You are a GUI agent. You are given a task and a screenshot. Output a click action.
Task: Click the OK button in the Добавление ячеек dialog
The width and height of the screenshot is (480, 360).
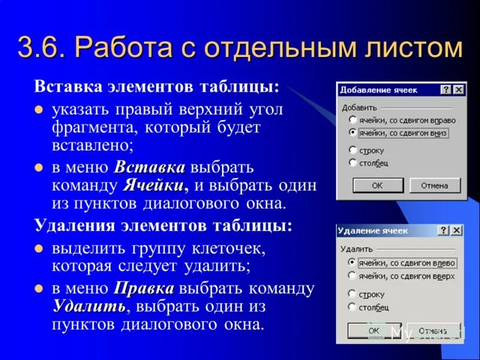(377, 185)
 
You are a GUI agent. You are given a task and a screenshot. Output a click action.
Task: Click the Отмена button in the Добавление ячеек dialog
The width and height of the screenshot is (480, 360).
(434, 185)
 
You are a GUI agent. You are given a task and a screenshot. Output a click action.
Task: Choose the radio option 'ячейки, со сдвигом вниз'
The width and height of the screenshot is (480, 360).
(353, 133)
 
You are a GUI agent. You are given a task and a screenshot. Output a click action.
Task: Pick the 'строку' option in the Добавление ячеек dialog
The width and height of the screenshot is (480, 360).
(353, 150)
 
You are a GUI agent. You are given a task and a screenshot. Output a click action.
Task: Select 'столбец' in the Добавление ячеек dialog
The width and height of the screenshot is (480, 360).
(353, 163)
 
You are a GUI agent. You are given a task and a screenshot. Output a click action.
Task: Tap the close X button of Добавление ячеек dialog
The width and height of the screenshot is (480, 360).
(458, 89)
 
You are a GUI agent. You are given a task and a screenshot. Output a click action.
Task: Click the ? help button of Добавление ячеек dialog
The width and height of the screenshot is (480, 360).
(446, 89)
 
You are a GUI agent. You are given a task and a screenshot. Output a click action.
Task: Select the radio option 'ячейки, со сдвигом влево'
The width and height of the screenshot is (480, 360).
(352, 263)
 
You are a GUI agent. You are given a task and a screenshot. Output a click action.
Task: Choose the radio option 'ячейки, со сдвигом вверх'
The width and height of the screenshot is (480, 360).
(352, 276)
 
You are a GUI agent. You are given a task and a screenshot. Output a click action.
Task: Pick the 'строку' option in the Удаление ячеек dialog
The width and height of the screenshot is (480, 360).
(352, 294)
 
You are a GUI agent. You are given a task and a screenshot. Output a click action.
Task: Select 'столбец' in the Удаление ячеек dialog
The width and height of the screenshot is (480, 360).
(352, 307)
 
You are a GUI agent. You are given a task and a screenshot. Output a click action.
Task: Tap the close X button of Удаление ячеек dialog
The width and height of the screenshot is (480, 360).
(457, 230)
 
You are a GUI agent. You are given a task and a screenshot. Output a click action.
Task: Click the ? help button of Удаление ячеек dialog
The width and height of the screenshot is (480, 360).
(445, 230)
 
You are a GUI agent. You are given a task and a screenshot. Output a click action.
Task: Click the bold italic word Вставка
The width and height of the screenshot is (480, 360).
(149, 167)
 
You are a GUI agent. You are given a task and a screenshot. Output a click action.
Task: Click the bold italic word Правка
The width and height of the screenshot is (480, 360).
(144, 289)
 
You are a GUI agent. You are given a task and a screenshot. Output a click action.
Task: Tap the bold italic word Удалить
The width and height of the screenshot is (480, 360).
(89, 307)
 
